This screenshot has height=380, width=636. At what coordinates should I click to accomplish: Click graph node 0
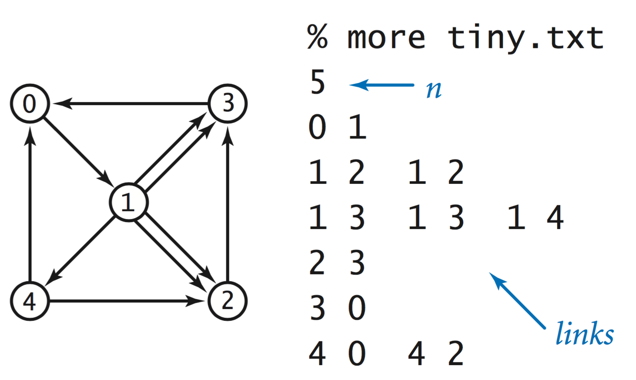coord(30,103)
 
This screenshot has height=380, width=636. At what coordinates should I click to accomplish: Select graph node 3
coord(228,103)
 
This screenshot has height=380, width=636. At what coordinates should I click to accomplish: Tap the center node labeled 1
coord(128,202)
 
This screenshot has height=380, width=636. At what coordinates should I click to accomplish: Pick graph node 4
coord(30,301)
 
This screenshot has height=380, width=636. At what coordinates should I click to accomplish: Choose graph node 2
coord(228,301)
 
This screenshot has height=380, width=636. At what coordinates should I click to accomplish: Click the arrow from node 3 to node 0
coord(131,103)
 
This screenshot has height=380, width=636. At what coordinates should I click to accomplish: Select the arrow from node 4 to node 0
coord(30,204)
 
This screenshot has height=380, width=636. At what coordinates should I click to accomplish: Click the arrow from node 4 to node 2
coord(126,301)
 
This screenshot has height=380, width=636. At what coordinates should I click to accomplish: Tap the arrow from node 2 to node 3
coord(228,204)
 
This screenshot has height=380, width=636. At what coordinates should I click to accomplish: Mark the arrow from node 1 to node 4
coord(80,251)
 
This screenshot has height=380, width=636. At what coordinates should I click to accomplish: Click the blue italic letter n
coord(434,90)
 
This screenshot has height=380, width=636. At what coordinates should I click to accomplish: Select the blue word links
coord(584,334)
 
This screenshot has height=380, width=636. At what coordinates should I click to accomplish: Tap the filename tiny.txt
coord(526,38)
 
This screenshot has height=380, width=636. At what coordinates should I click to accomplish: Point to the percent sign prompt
coord(317,37)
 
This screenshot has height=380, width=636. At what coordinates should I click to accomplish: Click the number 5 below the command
coord(318,83)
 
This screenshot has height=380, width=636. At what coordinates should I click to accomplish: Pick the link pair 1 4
coord(536,217)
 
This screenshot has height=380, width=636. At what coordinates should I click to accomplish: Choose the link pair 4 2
coord(436,353)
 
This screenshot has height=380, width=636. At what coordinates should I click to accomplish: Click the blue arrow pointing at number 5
coord(382,85)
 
